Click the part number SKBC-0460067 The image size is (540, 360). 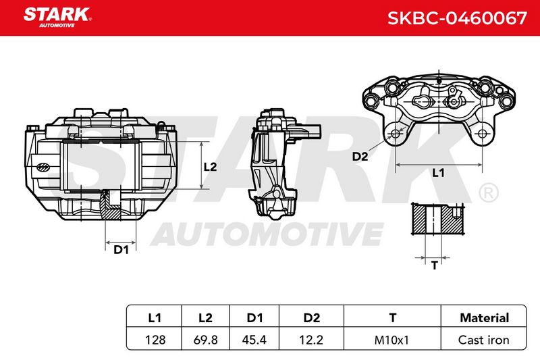(x=457, y=18)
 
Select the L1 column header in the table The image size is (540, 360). (x=155, y=317)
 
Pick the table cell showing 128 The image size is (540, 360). (x=155, y=340)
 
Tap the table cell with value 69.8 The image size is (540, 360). (x=205, y=340)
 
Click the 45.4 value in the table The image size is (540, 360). (x=254, y=340)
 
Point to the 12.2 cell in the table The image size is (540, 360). (x=311, y=340)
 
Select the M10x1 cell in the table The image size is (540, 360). (x=391, y=340)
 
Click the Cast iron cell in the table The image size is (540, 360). (x=483, y=340)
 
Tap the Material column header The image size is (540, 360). (x=484, y=317)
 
